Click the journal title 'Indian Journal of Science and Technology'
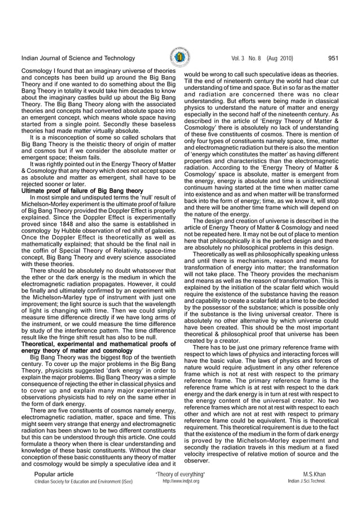tap(78, 58)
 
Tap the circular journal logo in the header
tap(179, 58)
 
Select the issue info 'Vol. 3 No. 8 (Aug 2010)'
tap(262, 58)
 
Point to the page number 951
tap(333, 58)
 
